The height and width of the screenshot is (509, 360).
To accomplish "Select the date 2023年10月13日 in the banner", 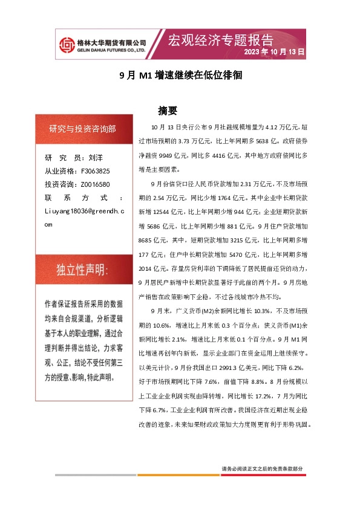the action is pos(274,53).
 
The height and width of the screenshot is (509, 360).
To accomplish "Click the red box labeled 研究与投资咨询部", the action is pos(83,129).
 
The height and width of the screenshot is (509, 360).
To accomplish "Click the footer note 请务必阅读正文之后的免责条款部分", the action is pos(262,469).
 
